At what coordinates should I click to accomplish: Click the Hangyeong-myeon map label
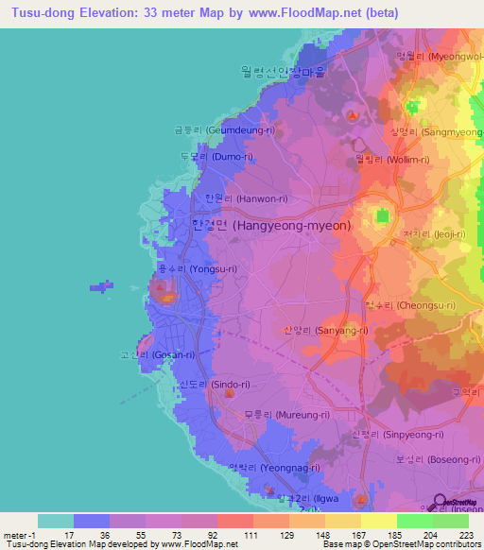point(258,226)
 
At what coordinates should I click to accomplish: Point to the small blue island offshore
point(101,284)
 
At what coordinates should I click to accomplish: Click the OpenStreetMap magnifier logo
point(439,503)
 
